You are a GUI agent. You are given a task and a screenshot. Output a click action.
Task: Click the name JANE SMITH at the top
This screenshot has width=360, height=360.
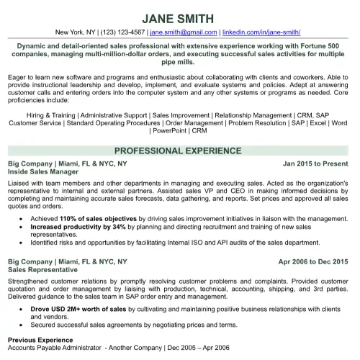click(x=179, y=18)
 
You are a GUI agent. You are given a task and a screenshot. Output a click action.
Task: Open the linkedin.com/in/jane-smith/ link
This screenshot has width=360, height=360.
click(x=261, y=32)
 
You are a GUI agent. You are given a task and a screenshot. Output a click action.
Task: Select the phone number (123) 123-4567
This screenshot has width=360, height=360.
click(x=119, y=32)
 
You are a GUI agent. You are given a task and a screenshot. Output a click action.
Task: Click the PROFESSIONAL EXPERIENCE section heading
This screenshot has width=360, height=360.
click(x=179, y=151)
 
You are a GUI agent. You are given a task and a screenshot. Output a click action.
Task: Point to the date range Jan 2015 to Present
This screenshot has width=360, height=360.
click(x=315, y=164)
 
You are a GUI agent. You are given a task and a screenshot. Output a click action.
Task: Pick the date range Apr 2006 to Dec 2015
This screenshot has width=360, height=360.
click(x=312, y=261)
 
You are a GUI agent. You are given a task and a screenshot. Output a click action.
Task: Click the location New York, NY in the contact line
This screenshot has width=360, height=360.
click(x=76, y=32)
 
